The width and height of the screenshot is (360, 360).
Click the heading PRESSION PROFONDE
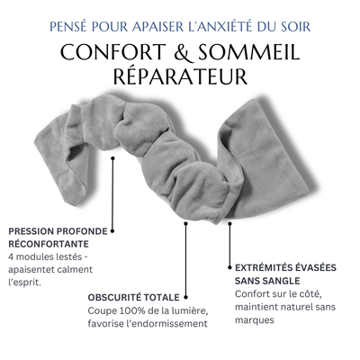click(x=56, y=230)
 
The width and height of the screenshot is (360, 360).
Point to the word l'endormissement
click(x=171, y=324)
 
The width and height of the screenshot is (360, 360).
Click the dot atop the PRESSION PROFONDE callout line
click(x=112, y=159)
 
